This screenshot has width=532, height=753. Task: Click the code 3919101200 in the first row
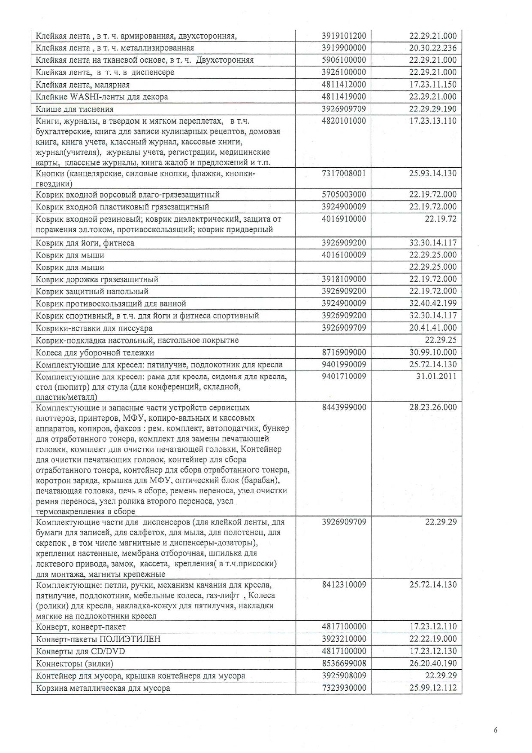pos(344,36)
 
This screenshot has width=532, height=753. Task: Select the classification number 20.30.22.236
pos(432,48)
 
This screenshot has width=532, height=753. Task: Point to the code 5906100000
pos(344,60)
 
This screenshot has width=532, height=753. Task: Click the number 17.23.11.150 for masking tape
pos(432,84)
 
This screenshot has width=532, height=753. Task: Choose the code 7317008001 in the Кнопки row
pos(344,173)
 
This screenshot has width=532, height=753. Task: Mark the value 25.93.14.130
pos(432,173)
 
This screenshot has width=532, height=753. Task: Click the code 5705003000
pos(344,194)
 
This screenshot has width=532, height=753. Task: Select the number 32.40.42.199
pos(432,303)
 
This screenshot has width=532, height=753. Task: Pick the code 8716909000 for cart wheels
pos(344,352)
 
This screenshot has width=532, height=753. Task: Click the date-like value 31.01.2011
pos(436,376)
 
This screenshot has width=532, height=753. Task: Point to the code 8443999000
pos(344,407)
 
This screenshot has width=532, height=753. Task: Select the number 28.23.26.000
pos(432,407)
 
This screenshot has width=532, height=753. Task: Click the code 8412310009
pos(344,584)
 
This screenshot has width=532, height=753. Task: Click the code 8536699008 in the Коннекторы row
pos(344,663)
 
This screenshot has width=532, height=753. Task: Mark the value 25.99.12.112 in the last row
pos(432,688)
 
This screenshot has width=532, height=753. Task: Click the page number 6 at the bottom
pos(496,730)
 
